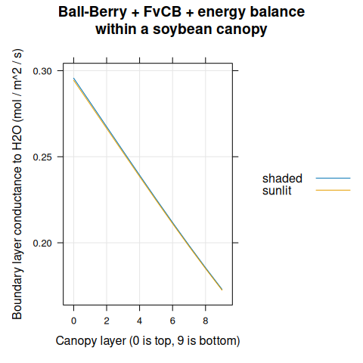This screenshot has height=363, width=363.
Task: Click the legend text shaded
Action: [x=282, y=178]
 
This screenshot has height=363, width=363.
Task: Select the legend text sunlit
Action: [x=277, y=191]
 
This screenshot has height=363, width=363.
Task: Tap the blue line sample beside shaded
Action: [x=333, y=178]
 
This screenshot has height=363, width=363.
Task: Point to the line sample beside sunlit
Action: [x=333, y=191]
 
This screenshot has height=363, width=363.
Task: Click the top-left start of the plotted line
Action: [x=73, y=78]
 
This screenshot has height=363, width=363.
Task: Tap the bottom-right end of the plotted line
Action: [x=222, y=290]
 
